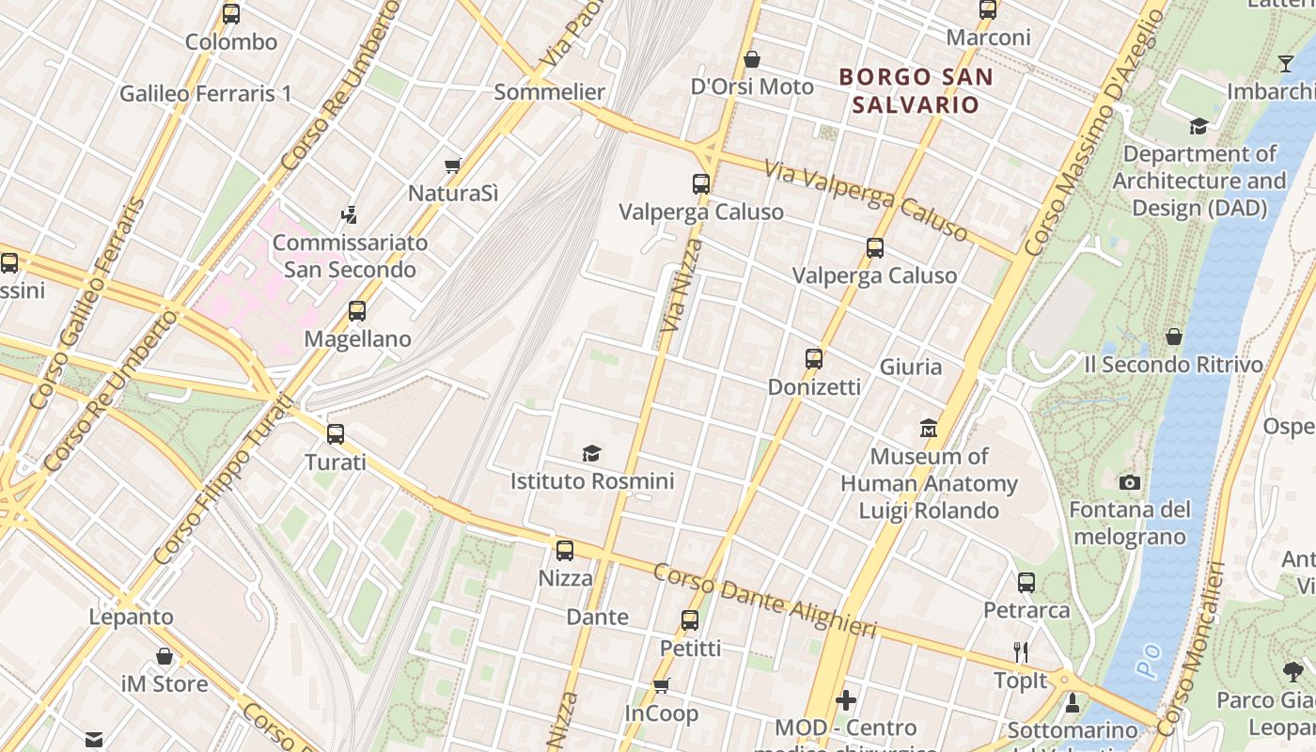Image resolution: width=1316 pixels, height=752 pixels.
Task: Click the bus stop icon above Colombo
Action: point(231,14)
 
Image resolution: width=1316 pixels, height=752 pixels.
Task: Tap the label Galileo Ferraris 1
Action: point(205,94)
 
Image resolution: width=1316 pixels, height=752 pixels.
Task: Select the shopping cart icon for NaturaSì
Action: point(453,165)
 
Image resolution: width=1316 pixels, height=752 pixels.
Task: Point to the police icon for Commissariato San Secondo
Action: point(350,214)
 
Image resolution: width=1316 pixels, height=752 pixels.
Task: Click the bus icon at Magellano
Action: point(357,311)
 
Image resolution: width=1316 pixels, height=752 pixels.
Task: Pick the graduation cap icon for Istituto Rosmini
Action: point(591,453)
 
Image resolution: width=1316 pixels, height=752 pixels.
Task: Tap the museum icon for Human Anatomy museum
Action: point(929,429)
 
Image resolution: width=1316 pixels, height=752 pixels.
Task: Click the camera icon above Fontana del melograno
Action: point(1130,482)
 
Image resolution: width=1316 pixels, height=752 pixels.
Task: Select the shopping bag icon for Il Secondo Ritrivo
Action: point(1173,337)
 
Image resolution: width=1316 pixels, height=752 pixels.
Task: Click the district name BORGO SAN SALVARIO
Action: point(916,90)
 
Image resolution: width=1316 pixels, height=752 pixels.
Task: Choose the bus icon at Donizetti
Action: point(814,359)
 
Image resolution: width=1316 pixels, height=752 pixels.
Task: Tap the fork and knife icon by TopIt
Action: point(1022,652)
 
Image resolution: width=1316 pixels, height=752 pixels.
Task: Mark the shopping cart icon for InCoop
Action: point(662,685)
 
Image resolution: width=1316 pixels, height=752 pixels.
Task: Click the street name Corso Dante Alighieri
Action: point(765,600)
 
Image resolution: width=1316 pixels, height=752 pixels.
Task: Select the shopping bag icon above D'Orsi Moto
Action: point(752,59)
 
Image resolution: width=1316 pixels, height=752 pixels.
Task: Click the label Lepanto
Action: point(132,618)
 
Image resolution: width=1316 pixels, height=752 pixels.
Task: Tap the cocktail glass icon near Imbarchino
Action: point(1286,64)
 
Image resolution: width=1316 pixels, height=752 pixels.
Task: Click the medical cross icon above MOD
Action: point(846,700)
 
